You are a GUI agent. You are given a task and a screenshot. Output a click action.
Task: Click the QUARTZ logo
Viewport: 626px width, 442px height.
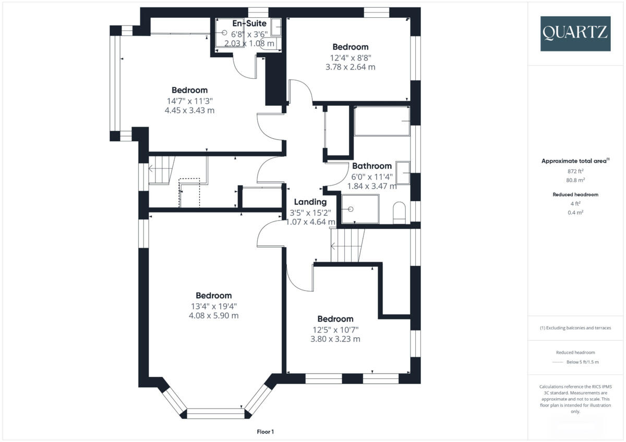[x=575, y=33]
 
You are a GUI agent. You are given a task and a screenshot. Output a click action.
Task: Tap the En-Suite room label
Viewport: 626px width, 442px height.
[x=249, y=23]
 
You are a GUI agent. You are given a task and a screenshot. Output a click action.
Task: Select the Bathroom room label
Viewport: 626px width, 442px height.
[x=371, y=166]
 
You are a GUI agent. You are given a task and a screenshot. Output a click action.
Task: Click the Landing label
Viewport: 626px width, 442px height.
[x=310, y=202]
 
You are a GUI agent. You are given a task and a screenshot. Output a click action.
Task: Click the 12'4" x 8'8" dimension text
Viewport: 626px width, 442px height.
[x=350, y=57]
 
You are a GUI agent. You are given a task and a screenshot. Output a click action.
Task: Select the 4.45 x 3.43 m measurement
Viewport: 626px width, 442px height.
[x=189, y=110]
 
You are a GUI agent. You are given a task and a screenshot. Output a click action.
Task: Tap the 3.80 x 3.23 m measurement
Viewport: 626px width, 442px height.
[x=335, y=339]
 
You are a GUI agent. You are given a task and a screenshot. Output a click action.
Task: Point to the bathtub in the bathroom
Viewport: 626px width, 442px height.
[x=381, y=121]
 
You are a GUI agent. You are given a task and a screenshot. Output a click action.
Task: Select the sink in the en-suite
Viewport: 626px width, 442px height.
[x=276, y=27]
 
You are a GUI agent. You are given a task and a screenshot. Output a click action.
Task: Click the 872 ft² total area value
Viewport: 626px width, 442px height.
[x=575, y=171]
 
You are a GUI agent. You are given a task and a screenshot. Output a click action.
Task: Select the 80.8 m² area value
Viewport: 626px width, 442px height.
[x=575, y=180]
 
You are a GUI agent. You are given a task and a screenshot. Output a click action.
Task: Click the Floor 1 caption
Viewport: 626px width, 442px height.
[x=265, y=432]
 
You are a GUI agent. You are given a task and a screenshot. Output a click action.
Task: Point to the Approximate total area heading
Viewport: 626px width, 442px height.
[x=575, y=161]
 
